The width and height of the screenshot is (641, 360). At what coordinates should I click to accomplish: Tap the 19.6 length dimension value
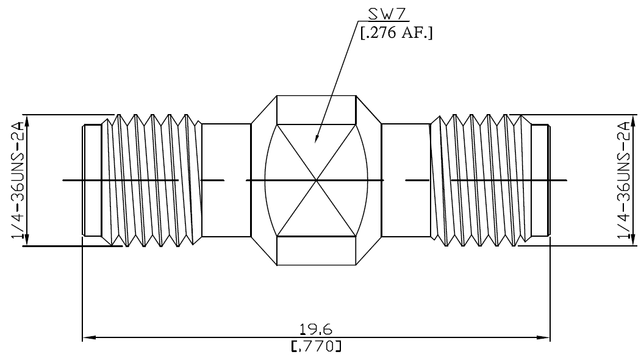pos(315,329)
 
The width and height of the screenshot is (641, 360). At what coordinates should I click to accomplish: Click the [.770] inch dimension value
pos(315,346)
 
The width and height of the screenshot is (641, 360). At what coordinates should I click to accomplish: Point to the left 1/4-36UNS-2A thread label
pos(18,180)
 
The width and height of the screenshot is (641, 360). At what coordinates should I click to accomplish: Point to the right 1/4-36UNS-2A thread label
pos(624,180)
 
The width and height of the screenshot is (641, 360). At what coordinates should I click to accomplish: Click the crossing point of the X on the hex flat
pos(316,180)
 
